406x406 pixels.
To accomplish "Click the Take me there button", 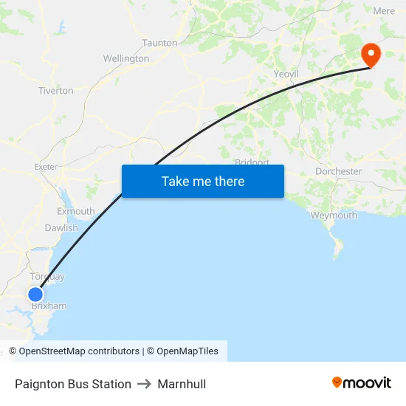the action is click(203, 181).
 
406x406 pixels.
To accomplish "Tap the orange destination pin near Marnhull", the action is click(370, 54).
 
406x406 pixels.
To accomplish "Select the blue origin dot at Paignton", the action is click(35, 295).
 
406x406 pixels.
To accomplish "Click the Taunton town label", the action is click(159, 43).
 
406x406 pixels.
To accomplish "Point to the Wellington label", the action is click(125, 58).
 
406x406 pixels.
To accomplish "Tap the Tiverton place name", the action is click(56, 91).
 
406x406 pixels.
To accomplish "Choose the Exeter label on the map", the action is click(46, 167).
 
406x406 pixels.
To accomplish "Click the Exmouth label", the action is click(76, 211).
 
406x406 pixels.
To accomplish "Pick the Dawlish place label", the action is click(61, 228).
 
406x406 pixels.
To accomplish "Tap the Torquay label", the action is click(47, 277).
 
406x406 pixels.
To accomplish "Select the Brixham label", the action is click(49, 306).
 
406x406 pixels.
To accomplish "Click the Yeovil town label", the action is click(286, 74).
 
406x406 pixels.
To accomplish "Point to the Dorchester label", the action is click(338, 171).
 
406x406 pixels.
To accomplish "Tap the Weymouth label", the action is click(334, 216).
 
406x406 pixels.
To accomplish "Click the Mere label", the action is click(384, 11).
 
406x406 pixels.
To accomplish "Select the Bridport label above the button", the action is click(252, 162).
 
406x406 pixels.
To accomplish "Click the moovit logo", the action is click(362, 383).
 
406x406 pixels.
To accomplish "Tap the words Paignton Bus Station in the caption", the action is click(73, 384).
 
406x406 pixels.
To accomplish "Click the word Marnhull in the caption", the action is click(182, 384).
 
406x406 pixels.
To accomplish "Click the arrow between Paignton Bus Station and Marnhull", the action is click(144, 384).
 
